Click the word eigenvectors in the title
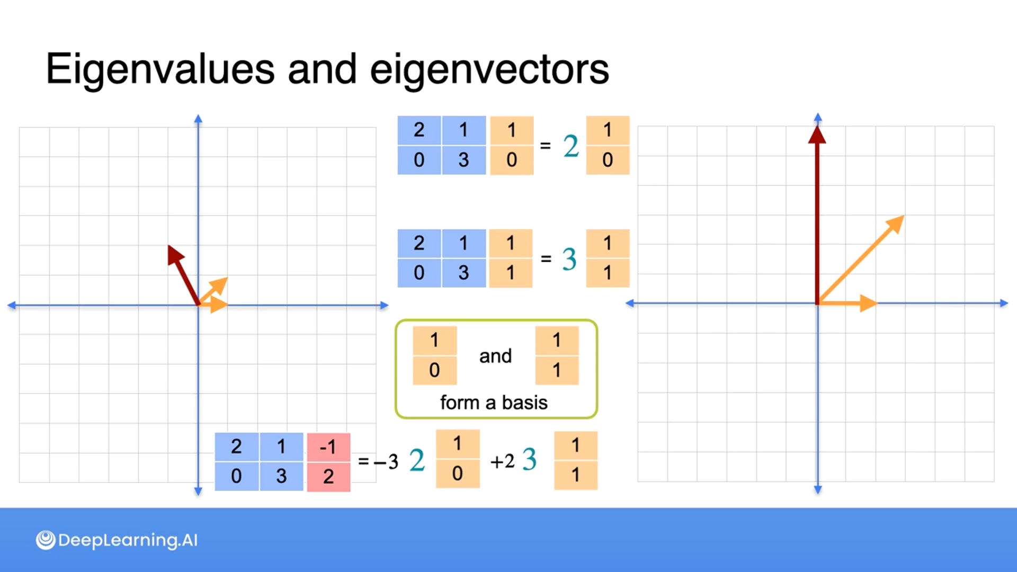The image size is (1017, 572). (489, 69)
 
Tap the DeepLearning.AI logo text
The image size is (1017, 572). (127, 540)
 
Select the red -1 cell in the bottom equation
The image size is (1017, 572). (328, 448)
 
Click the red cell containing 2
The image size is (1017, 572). (328, 477)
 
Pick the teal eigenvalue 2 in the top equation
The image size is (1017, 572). (571, 146)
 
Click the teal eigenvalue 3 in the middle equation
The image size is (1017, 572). (569, 260)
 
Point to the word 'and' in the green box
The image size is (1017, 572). (495, 356)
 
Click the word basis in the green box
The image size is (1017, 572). (524, 403)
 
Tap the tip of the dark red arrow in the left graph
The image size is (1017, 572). (170, 248)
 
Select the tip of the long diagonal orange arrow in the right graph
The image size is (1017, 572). (902, 218)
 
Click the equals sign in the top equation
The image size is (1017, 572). (545, 146)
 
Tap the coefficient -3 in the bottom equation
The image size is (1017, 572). (386, 462)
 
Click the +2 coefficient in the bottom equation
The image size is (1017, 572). (502, 461)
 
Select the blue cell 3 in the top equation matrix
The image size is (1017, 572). (463, 160)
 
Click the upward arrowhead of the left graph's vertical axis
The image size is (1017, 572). (198, 118)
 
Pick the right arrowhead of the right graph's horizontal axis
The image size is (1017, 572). (1004, 303)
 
